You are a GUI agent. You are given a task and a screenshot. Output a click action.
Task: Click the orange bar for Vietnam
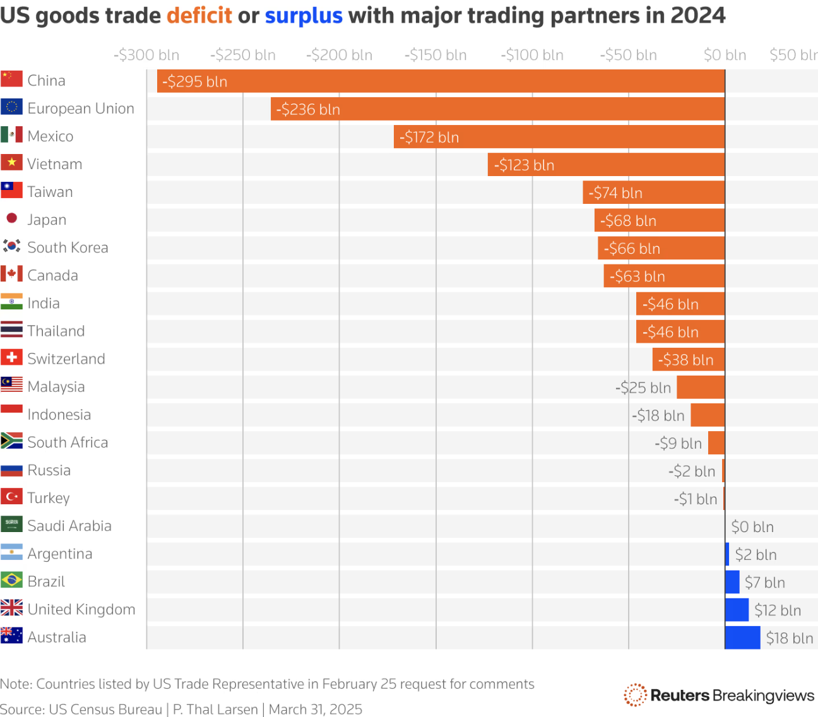[606, 165]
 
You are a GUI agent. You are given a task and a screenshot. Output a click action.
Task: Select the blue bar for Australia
[742, 637]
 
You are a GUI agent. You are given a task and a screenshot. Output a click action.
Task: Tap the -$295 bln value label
[194, 81]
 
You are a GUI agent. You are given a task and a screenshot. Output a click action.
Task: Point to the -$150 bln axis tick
[436, 55]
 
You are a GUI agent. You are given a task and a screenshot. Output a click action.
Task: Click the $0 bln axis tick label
[725, 55]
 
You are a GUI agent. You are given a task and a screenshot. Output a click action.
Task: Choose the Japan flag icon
[11, 218]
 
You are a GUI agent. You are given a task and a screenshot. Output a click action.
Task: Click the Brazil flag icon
[11, 580]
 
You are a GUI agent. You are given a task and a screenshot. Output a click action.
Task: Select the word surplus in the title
[303, 15]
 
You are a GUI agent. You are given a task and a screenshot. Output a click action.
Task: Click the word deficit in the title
[199, 15]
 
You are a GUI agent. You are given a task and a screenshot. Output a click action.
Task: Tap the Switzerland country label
[66, 358]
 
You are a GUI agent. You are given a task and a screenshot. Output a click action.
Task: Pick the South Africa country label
[68, 442]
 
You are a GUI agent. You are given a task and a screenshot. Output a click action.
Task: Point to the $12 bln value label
[777, 610]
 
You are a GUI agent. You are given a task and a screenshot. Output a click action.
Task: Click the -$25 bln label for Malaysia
[643, 388]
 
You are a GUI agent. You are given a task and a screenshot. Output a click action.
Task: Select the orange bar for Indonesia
[708, 415]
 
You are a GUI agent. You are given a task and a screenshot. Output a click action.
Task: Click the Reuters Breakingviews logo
[719, 695]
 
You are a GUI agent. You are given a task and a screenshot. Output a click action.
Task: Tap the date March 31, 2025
[316, 709]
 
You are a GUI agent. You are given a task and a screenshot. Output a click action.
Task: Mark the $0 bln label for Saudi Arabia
[752, 527]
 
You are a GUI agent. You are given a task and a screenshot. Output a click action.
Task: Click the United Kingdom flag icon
[11, 608]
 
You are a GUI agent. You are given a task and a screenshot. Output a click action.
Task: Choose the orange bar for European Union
[497, 109]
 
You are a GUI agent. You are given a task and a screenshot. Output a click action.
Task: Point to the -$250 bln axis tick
[243, 55]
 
